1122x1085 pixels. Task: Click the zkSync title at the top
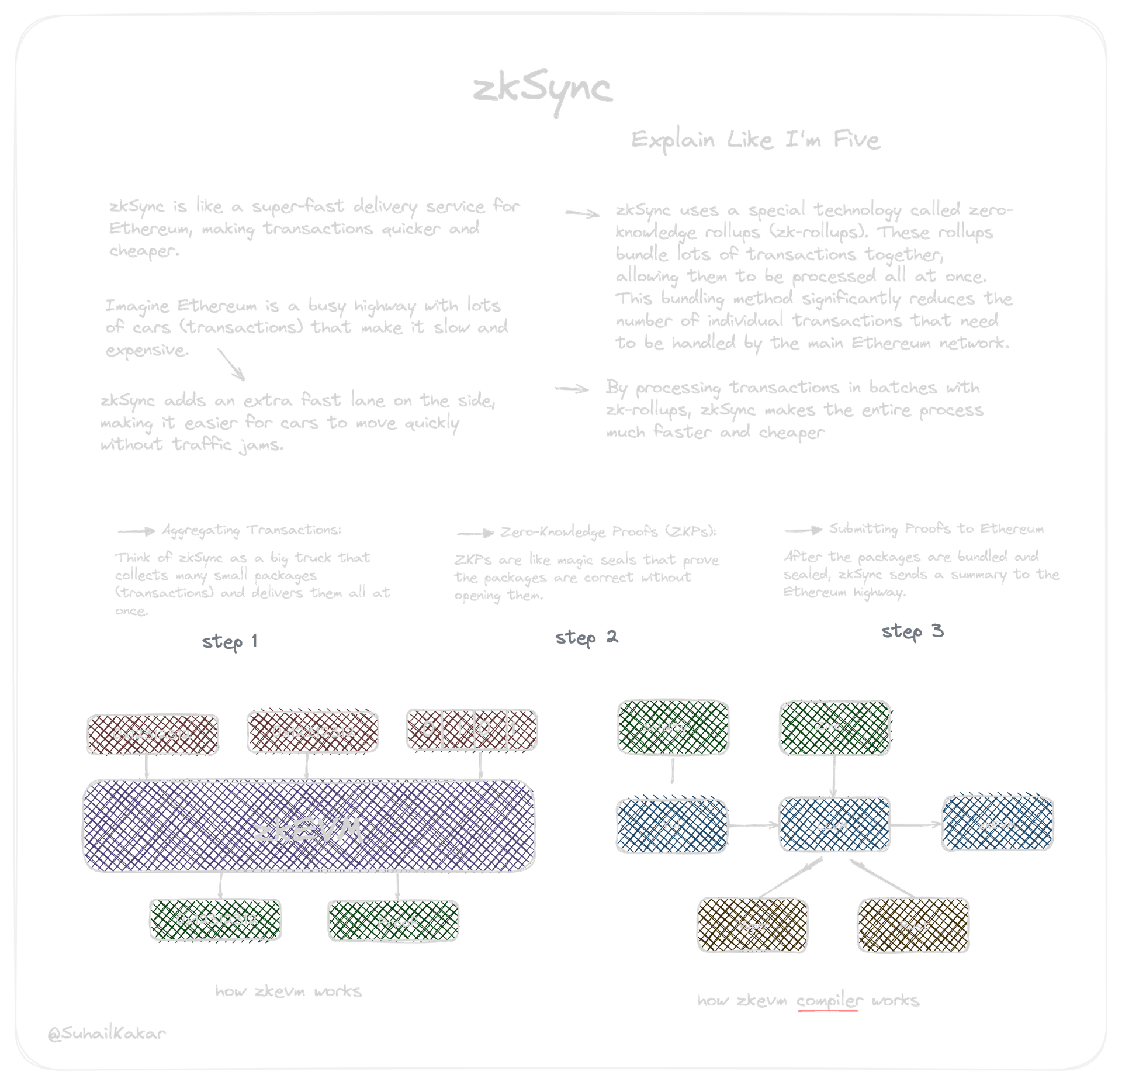point(542,91)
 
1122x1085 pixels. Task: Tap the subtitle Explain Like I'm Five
point(755,140)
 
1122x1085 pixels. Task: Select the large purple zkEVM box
point(309,826)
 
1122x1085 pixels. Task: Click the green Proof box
point(393,921)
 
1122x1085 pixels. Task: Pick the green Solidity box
point(672,727)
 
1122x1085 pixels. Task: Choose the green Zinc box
point(834,727)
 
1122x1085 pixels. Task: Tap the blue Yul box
point(671,825)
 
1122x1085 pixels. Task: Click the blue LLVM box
point(834,825)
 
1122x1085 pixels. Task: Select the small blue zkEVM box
point(997,825)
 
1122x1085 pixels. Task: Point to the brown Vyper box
point(753,925)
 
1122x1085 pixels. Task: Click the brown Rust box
point(913,925)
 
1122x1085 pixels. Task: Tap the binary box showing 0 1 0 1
point(471,730)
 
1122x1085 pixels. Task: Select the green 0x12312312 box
point(215,919)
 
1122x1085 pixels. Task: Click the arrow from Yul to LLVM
point(753,825)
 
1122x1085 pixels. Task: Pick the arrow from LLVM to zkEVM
point(916,825)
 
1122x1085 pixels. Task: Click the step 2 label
point(586,637)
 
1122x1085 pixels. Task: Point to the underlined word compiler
point(829,1000)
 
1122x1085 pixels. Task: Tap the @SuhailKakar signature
point(106,1034)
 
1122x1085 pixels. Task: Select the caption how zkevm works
point(288,991)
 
